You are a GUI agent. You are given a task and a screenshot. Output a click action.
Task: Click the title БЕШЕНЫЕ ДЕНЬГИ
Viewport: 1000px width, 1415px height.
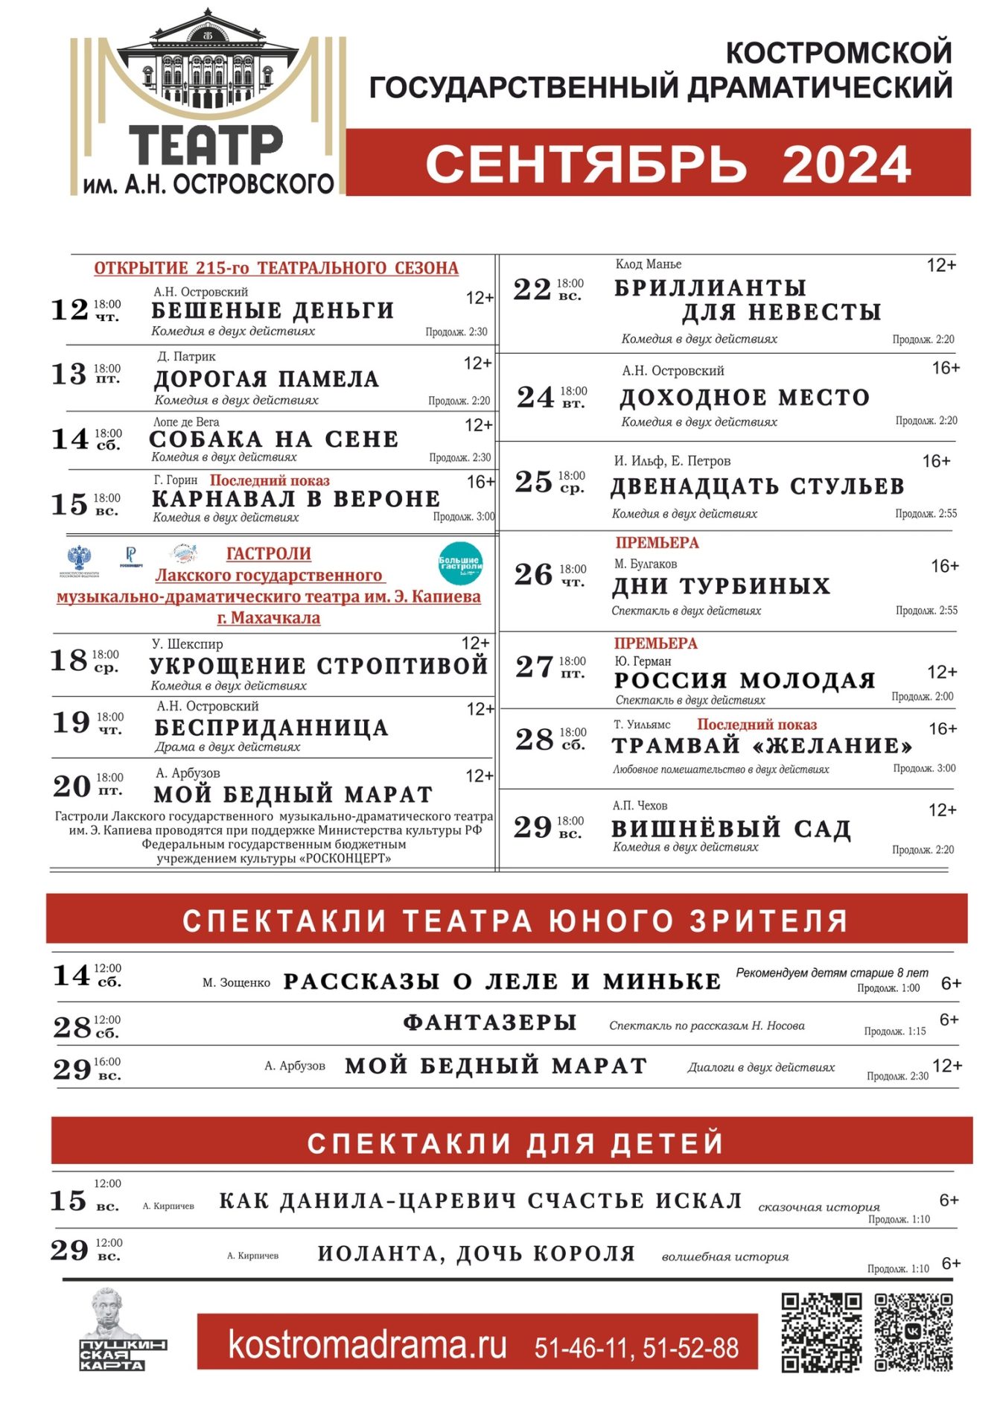click(273, 310)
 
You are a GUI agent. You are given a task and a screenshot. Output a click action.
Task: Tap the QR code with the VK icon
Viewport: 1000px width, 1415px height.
click(913, 1332)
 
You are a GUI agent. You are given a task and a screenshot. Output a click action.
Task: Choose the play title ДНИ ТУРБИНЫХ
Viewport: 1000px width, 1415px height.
click(721, 586)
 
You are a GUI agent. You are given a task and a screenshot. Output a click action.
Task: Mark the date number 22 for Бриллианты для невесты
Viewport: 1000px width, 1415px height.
click(532, 289)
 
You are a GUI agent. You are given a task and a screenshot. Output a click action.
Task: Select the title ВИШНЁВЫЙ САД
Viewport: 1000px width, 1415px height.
click(730, 828)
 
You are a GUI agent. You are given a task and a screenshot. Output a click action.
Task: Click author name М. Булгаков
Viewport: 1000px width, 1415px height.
click(646, 564)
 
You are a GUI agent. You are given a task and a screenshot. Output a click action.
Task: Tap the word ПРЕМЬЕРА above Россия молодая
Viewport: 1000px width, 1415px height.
click(655, 643)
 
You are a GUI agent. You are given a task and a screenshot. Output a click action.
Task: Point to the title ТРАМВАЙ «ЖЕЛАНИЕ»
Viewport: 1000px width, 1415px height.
click(762, 745)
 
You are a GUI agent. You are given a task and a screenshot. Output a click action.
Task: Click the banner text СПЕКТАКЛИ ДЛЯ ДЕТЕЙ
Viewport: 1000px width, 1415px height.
click(515, 1142)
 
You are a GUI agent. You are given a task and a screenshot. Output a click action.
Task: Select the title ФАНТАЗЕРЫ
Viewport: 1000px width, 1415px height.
click(490, 1023)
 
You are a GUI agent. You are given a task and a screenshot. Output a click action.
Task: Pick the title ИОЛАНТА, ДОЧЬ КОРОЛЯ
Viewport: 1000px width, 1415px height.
click(477, 1253)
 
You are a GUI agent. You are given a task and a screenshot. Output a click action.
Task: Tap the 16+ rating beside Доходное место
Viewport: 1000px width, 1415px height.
click(946, 368)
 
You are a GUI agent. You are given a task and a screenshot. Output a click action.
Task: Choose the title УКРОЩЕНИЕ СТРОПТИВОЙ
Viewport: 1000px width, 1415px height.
click(318, 665)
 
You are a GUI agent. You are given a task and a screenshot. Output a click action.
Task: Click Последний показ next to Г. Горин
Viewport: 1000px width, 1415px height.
click(270, 481)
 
